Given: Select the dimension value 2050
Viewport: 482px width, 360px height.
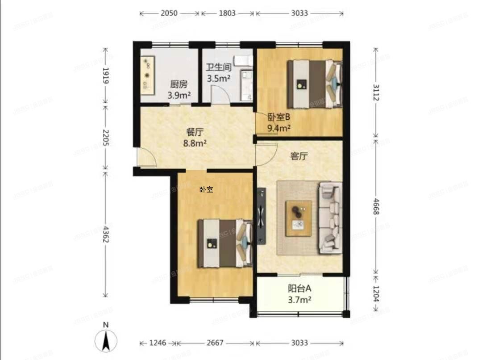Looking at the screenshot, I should (169, 13).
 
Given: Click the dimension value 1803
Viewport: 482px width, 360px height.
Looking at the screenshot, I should (227, 13).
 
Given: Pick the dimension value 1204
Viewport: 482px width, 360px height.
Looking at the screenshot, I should (375, 294).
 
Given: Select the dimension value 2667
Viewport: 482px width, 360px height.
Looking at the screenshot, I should (215, 343).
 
